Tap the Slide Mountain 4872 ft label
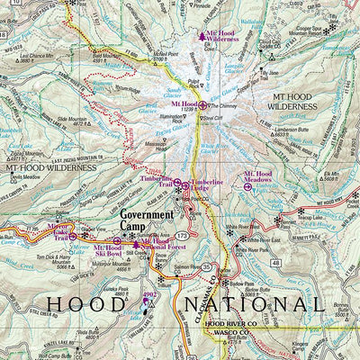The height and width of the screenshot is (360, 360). click(x=73, y=121)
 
